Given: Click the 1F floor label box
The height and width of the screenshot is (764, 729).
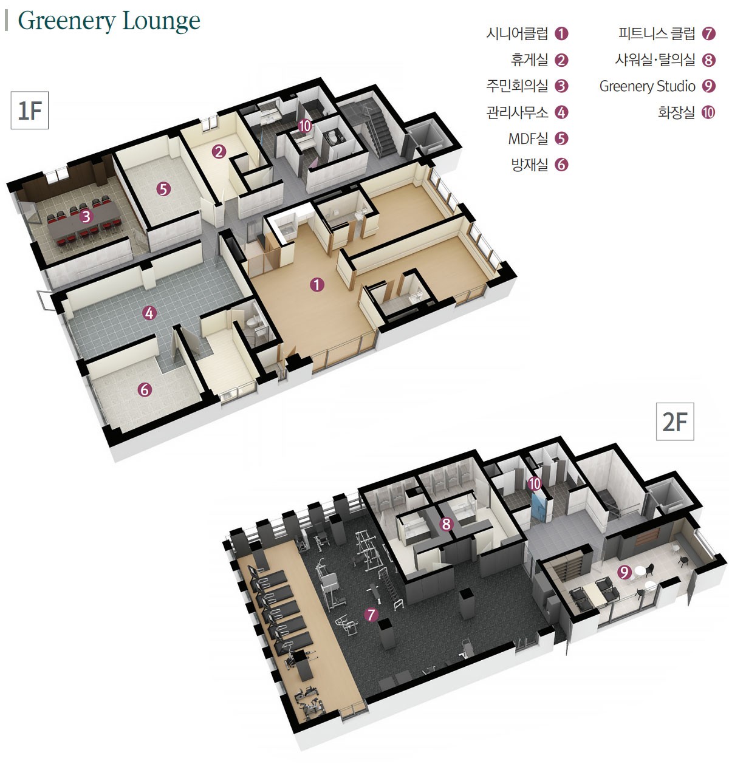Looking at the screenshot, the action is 30,111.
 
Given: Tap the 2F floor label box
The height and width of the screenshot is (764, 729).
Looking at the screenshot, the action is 674,421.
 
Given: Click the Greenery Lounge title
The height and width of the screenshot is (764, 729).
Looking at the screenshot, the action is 109,21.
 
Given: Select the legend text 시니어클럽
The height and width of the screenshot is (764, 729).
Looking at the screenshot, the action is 517,33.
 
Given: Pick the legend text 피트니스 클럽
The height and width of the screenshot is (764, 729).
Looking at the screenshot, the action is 657,33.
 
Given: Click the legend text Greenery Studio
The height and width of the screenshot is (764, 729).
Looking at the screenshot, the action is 648,86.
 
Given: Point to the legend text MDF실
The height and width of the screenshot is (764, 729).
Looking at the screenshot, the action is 528,138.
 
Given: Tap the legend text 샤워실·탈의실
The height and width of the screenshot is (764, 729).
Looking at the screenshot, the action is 655,60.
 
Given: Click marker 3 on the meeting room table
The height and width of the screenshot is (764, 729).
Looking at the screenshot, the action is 86,216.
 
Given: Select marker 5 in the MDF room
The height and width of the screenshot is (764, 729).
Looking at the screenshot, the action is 163,189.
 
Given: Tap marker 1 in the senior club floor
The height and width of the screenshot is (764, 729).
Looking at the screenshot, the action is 317,285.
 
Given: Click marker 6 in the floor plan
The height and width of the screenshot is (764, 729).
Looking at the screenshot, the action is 145,389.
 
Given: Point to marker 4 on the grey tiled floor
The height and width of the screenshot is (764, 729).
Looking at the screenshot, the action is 149,313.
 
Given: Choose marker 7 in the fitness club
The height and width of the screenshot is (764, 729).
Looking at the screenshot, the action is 371,615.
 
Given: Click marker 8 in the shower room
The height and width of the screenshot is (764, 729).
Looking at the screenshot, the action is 447,524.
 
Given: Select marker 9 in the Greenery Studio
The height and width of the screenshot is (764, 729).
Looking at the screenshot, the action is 625,572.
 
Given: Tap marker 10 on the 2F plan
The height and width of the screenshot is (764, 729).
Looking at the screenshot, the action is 535,483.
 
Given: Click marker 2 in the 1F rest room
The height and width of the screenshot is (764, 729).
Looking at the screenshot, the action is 219,152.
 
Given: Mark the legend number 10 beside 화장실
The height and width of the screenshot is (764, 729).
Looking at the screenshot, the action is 708,113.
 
